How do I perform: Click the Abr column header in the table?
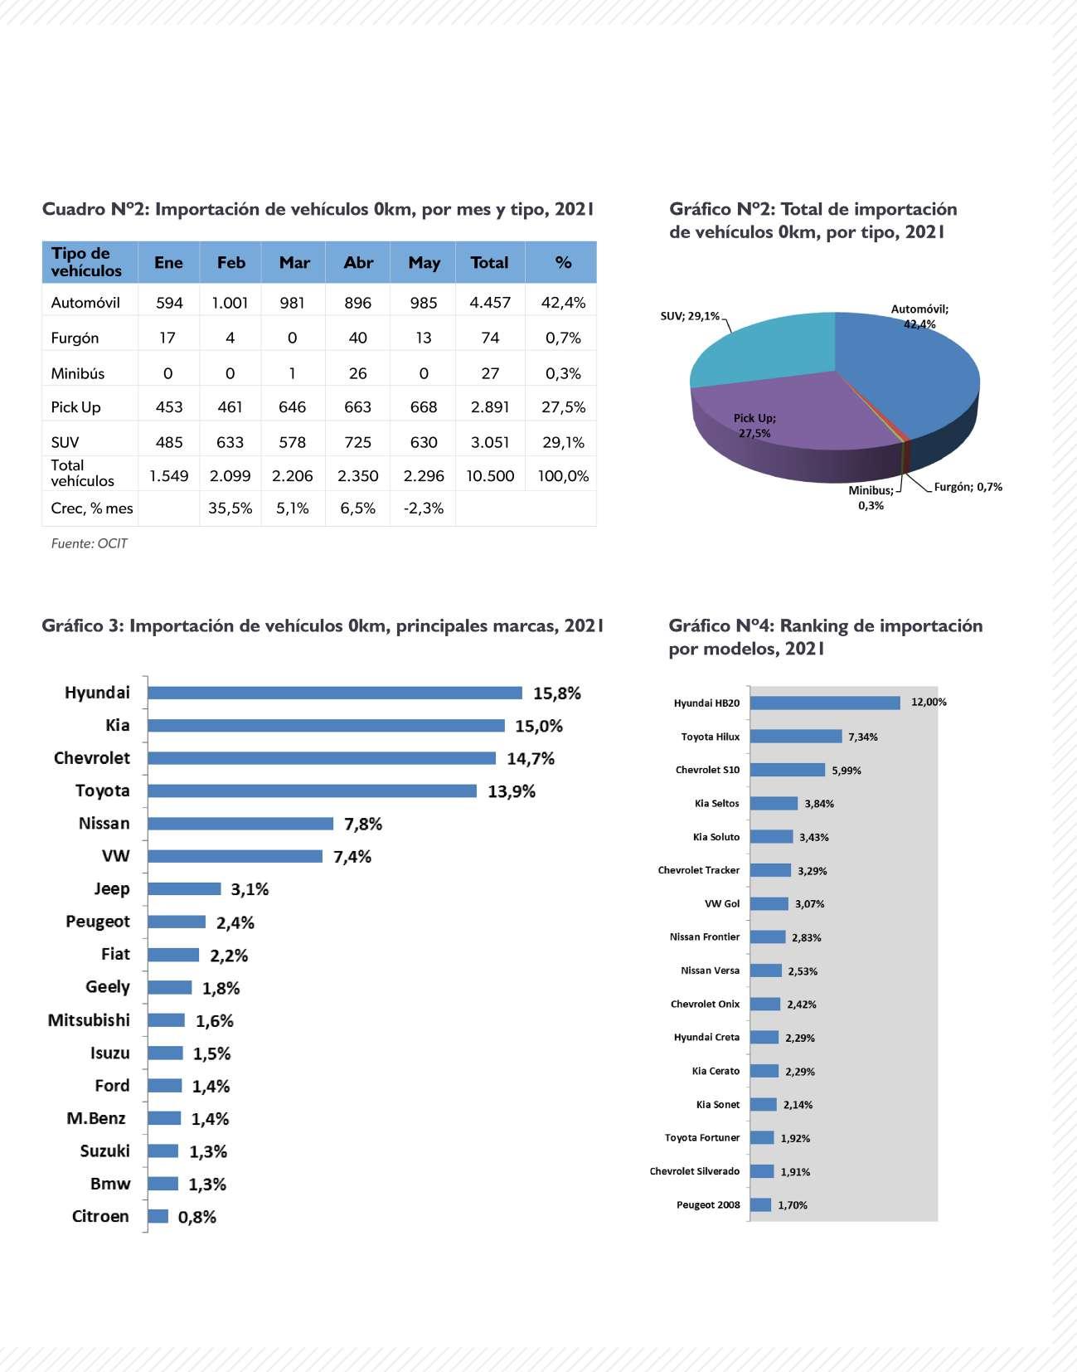(358, 263)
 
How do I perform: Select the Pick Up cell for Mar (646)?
(292, 407)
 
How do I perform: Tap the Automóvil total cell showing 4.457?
(490, 303)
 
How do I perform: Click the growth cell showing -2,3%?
(424, 508)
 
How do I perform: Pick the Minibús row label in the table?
(78, 373)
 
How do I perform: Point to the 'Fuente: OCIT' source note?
(90, 544)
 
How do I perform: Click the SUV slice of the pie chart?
(763, 348)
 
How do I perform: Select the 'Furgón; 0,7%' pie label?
(968, 487)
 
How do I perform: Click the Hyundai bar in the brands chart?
(335, 693)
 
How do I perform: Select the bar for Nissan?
(240, 824)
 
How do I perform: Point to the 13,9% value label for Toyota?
(512, 791)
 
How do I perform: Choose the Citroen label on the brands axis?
(100, 1216)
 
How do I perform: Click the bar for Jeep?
(184, 889)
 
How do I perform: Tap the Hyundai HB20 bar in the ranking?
(825, 703)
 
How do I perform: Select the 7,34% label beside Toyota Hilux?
(863, 737)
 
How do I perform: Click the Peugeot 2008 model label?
(708, 1204)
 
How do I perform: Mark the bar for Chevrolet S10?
(788, 770)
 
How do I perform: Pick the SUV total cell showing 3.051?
(490, 442)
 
